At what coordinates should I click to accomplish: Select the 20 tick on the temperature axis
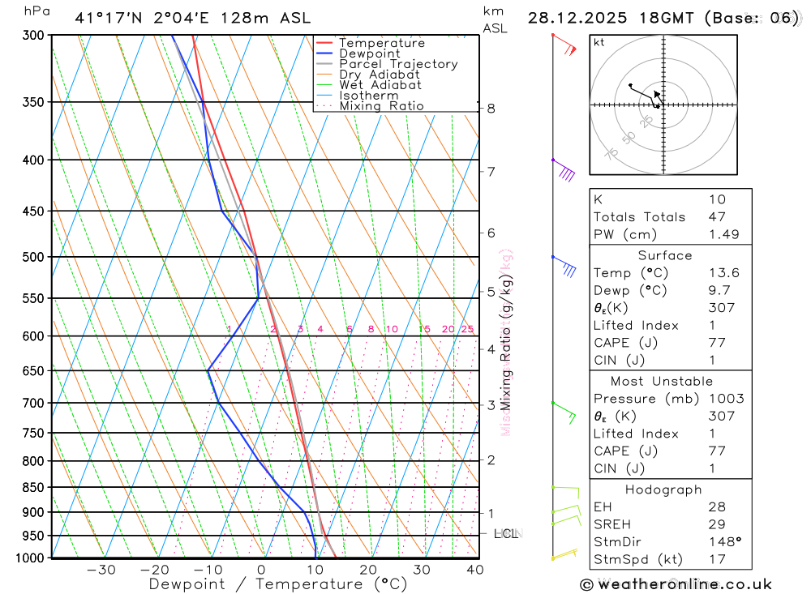point(368,570)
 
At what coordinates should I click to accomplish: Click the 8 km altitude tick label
point(491,108)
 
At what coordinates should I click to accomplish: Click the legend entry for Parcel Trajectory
point(398,64)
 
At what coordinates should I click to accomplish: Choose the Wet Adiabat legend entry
point(380,85)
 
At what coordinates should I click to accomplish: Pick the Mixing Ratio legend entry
point(381,106)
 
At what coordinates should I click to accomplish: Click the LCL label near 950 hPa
point(506,533)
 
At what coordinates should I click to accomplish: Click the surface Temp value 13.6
point(723,273)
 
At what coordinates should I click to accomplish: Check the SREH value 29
point(716,524)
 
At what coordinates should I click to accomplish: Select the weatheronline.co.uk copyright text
point(676,583)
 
